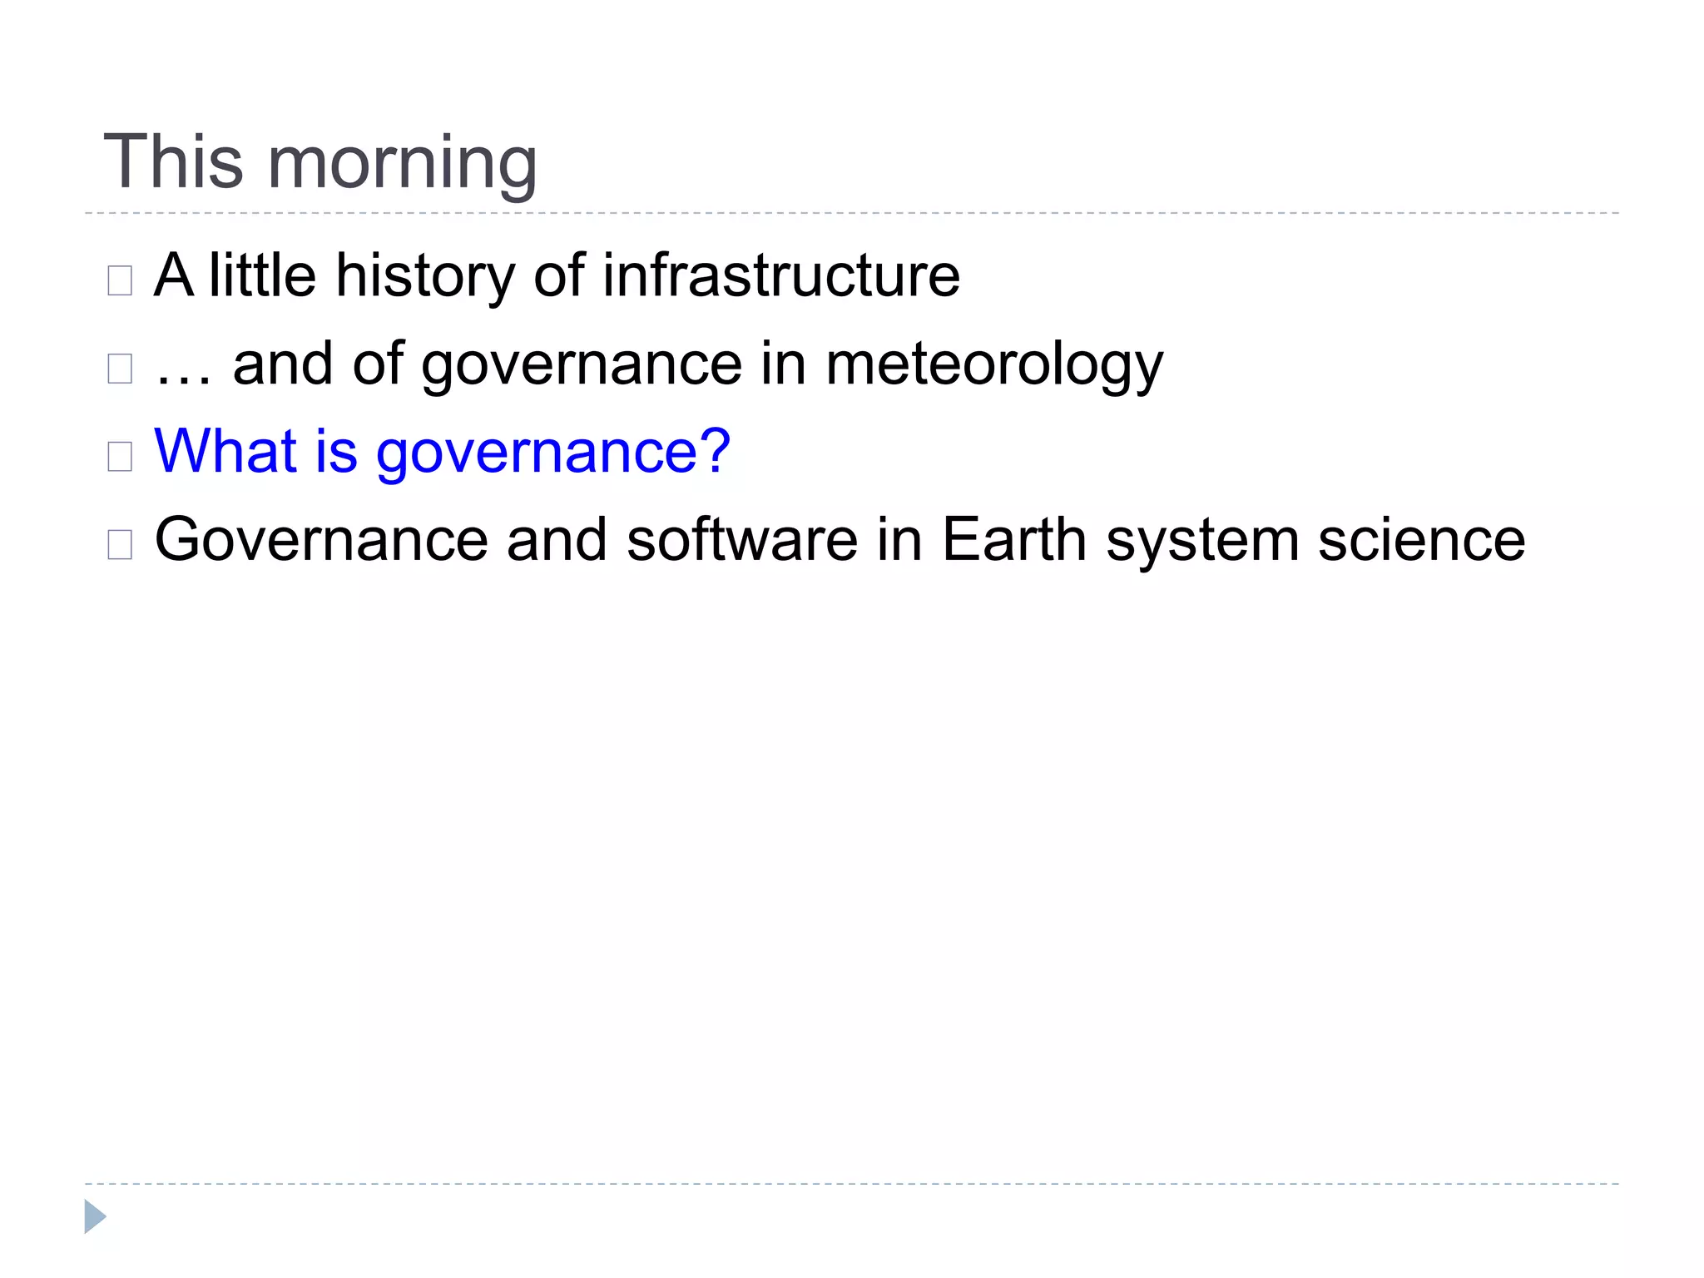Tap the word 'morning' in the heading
tap(402, 165)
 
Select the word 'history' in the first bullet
tap(425, 276)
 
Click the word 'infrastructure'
tap(780, 276)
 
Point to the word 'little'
tap(262, 276)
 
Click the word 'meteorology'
tap(993, 367)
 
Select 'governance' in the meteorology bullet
tap(582, 367)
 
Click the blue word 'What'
tap(225, 452)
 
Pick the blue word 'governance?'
tap(553, 454)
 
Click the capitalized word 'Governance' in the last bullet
tap(321, 541)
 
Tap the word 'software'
tap(741, 541)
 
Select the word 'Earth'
tap(1013, 541)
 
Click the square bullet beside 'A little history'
tap(120, 281)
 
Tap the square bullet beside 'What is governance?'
tap(120, 457)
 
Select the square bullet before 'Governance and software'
tap(120, 545)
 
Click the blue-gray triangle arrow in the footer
tap(95, 1216)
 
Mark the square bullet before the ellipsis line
tap(120, 369)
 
